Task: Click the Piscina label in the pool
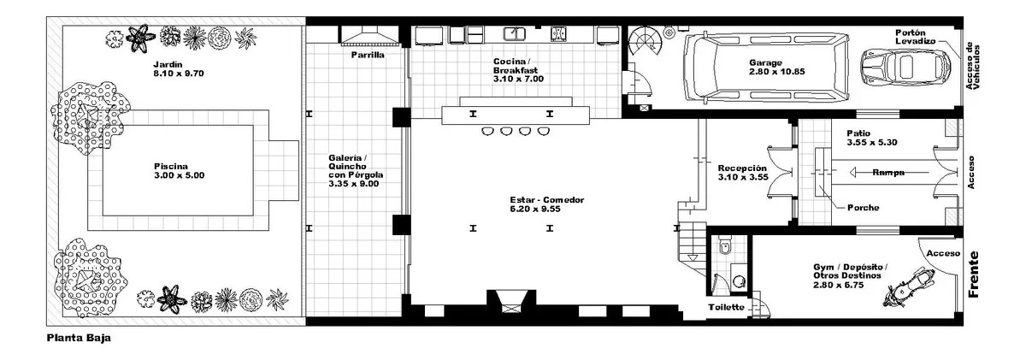tap(171, 166)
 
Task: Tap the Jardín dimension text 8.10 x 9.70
tap(179, 74)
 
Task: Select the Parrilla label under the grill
tap(368, 55)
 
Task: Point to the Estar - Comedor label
tap(547, 200)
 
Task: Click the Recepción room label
tap(742, 168)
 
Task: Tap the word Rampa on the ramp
tap(888, 173)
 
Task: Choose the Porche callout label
tap(863, 208)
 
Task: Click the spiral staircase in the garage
tap(645, 41)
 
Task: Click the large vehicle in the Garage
tap(766, 67)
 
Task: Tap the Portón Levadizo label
tap(915, 37)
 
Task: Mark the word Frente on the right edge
tap(973, 274)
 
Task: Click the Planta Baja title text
tap(79, 339)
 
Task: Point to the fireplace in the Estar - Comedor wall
tap(511, 302)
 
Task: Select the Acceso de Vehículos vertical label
tap(972, 67)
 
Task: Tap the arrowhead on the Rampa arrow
tap(854, 173)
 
